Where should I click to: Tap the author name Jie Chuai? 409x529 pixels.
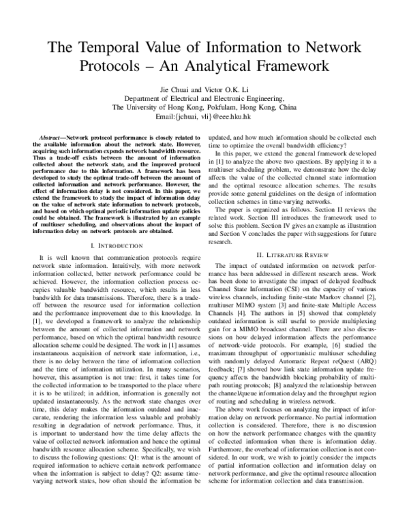tap(177, 89)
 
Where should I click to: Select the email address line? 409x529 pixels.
tap(204, 116)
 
